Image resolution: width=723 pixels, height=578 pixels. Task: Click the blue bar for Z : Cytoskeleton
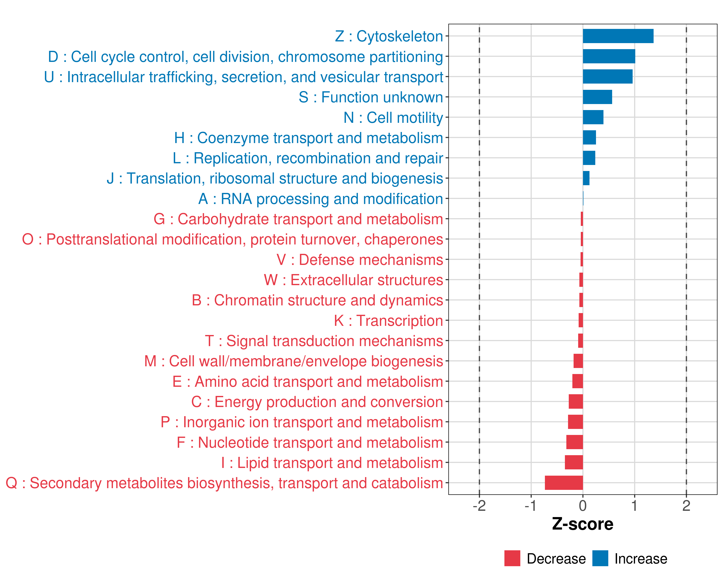click(618, 36)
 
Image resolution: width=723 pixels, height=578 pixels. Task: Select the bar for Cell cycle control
click(609, 56)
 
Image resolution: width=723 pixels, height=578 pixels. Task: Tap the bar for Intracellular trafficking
click(607, 77)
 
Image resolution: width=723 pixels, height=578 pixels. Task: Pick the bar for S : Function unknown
click(597, 97)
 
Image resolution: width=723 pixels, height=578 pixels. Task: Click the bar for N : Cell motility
click(593, 117)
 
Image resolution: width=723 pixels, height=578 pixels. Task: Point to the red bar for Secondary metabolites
click(564, 483)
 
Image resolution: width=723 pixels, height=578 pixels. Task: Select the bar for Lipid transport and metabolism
click(574, 462)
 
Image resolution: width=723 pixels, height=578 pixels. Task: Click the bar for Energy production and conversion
click(576, 401)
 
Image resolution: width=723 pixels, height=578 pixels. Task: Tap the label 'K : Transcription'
click(388, 321)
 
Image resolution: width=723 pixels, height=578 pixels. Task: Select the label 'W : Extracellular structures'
click(354, 280)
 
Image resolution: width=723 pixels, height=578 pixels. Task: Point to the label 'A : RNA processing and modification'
click(321, 199)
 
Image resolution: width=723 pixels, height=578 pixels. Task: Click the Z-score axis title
click(582, 524)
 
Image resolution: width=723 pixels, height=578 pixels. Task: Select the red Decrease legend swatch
click(512, 558)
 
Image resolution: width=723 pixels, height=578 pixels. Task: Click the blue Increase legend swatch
click(600, 558)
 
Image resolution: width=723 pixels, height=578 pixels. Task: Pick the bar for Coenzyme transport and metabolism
click(589, 138)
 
